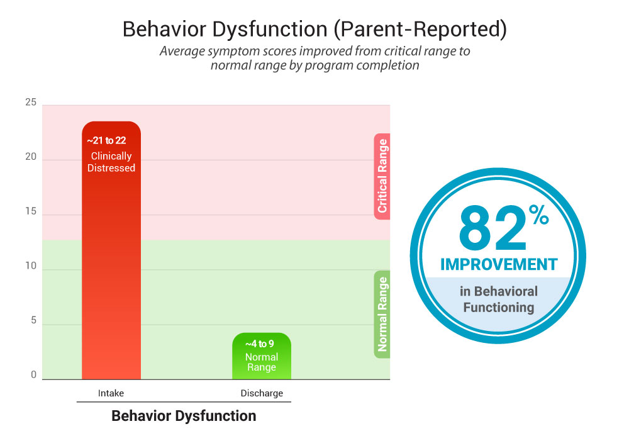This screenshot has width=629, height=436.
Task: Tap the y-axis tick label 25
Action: click(x=31, y=103)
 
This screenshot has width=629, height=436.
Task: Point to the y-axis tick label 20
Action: click(x=31, y=158)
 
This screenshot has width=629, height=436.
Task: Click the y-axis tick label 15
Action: click(x=31, y=213)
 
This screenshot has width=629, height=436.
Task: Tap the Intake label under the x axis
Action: click(x=111, y=393)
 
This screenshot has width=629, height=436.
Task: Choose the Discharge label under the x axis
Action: click(x=262, y=393)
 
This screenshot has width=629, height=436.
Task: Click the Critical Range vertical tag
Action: click(x=382, y=176)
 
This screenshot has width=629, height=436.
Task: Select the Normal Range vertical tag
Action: click(x=382, y=314)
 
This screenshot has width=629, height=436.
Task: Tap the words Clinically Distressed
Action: click(x=111, y=162)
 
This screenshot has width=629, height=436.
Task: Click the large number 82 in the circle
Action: click(x=493, y=230)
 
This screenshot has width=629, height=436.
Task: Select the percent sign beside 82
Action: click(x=540, y=215)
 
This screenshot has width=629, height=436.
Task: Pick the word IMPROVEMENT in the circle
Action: click(x=499, y=264)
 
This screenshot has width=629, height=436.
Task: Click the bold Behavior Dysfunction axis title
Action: click(x=184, y=416)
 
